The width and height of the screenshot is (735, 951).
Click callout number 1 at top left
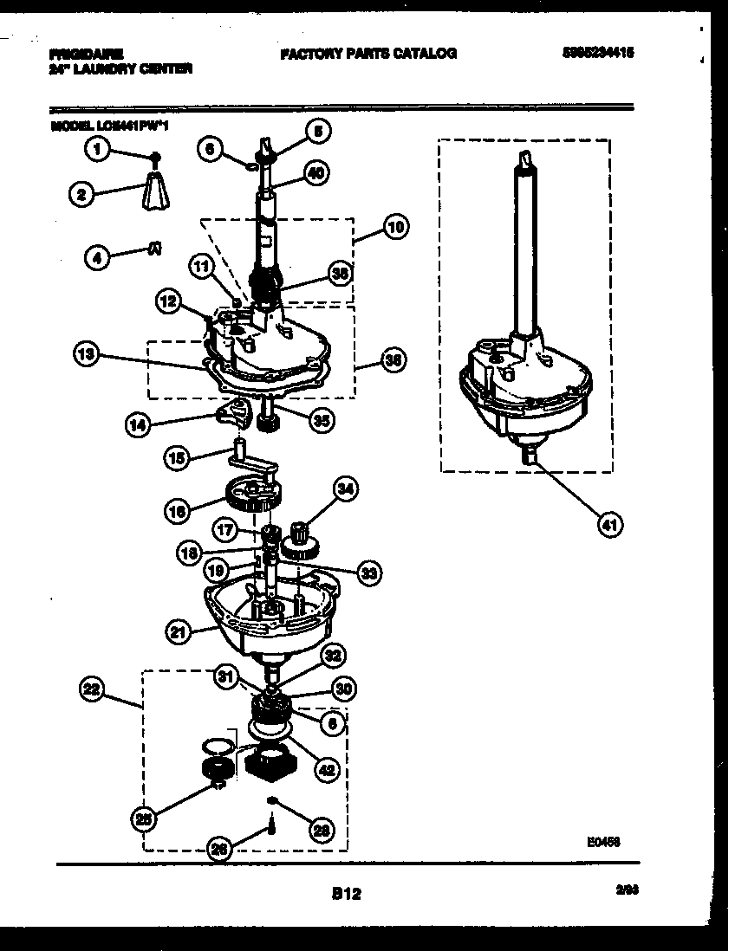tap(97, 151)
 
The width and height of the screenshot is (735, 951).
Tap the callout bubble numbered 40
tap(316, 173)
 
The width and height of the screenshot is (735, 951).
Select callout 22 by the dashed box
tap(91, 689)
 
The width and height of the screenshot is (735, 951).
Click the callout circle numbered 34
tap(345, 490)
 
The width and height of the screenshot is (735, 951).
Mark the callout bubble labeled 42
tap(327, 768)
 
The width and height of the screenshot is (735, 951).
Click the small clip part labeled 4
tap(154, 248)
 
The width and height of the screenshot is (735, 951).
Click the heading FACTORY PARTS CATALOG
tap(367, 54)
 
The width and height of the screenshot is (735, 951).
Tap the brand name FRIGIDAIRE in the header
tap(87, 53)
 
